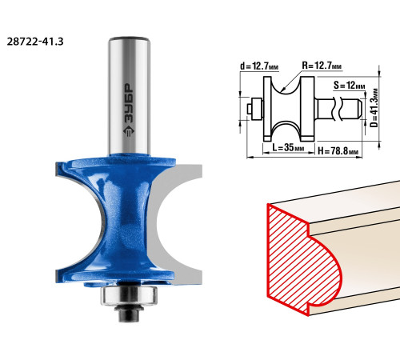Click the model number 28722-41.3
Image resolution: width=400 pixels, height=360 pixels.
click(35, 42)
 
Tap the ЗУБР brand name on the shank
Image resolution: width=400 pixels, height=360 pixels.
click(129, 103)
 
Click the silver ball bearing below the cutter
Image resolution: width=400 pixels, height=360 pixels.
click(129, 295)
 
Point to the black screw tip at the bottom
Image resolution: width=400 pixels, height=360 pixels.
click(129, 316)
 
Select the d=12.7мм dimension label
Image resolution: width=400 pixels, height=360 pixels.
click(259, 66)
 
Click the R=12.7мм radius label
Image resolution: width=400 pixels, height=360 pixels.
click(322, 66)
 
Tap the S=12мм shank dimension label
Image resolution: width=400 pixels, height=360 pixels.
click(349, 86)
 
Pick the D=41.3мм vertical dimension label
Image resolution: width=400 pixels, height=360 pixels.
click(374, 108)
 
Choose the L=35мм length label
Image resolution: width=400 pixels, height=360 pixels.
click(288, 147)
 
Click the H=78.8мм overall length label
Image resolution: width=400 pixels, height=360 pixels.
click(338, 151)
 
